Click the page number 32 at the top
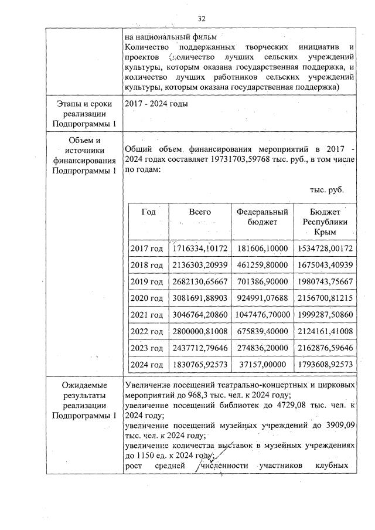(202, 18)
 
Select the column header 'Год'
(149, 212)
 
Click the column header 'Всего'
(200, 212)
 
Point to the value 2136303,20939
(200, 265)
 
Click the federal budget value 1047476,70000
(262, 315)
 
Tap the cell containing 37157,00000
(262, 364)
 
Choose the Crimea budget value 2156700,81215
(325, 298)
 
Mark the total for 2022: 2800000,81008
(200, 331)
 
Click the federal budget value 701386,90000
(262, 281)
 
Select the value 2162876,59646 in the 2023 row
(325, 348)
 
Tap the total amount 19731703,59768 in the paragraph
(234, 161)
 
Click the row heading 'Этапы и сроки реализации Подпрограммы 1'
(84, 114)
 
